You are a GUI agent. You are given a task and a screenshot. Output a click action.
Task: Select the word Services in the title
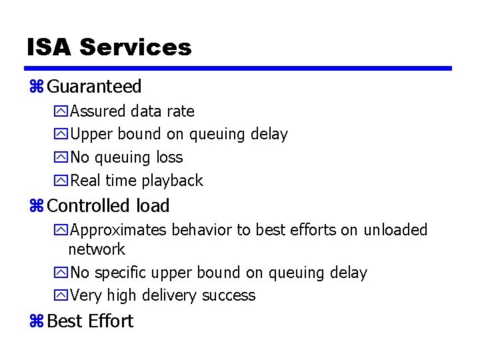click(x=135, y=47)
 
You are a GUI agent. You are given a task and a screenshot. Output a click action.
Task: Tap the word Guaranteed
click(x=95, y=87)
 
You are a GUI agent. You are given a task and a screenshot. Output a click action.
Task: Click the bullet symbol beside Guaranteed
click(x=36, y=87)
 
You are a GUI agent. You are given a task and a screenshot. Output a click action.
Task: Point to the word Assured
click(x=99, y=111)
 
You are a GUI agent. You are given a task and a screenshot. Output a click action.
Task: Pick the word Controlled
click(x=89, y=206)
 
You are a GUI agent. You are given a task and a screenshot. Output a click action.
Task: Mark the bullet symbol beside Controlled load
click(x=36, y=207)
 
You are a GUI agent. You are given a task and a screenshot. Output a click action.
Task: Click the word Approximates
click(x=119, y=230)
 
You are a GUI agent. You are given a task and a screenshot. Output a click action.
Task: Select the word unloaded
click(x=395, y=230)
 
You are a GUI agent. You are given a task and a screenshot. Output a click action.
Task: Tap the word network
click(x=97, y=249)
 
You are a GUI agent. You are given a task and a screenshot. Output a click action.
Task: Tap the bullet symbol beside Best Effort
click(x=36, y=321)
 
